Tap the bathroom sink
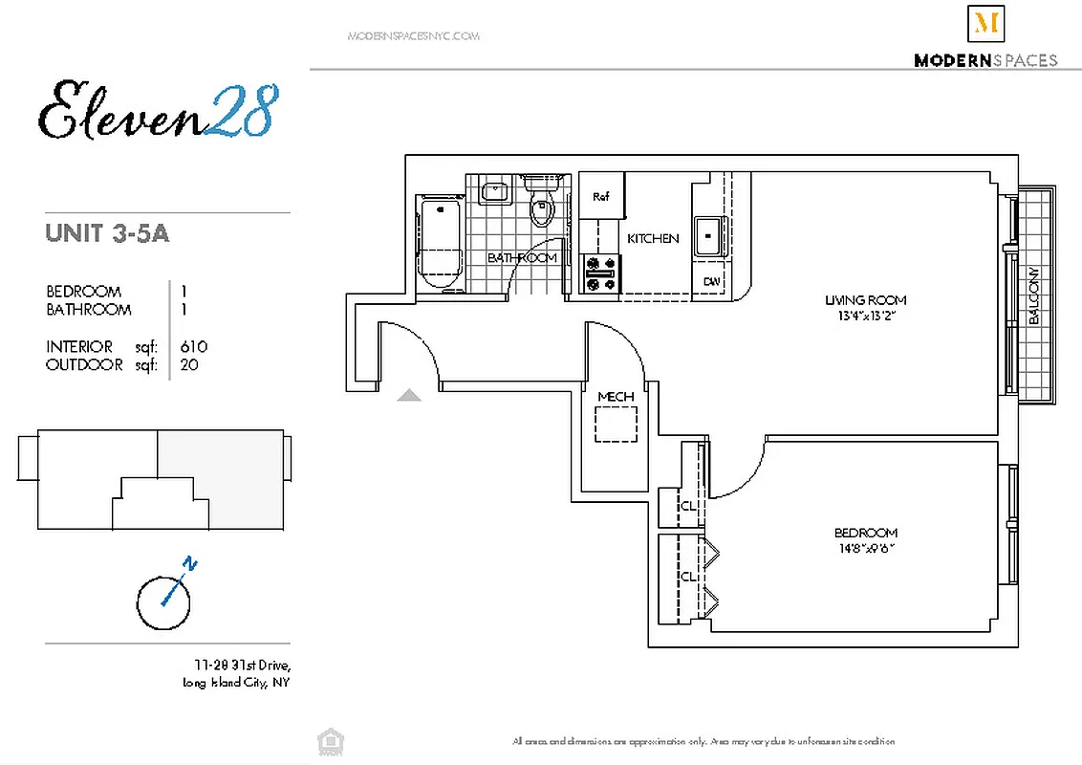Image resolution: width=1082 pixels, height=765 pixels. [495, 192]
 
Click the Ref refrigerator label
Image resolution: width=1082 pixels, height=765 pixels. [601, 197]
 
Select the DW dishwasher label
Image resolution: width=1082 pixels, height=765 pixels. [711, 281]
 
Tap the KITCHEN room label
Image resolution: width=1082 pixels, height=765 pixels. [653, 239]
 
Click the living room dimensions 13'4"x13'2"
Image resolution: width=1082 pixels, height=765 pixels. [865, 315]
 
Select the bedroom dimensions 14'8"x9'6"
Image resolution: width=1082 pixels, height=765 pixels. [866, 548]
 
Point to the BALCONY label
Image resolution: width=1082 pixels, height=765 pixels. [1034, 296]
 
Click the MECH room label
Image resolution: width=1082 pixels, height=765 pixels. [616, 397]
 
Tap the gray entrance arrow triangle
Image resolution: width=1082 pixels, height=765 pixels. [409, 394]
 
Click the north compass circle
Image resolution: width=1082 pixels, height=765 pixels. [164, 602]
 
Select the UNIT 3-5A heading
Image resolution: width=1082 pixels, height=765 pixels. [107, 233]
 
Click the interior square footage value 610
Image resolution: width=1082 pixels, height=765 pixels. [193, 347]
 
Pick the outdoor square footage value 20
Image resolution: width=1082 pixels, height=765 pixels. [188, 365]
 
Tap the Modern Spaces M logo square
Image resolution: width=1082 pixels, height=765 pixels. [985, 24]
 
